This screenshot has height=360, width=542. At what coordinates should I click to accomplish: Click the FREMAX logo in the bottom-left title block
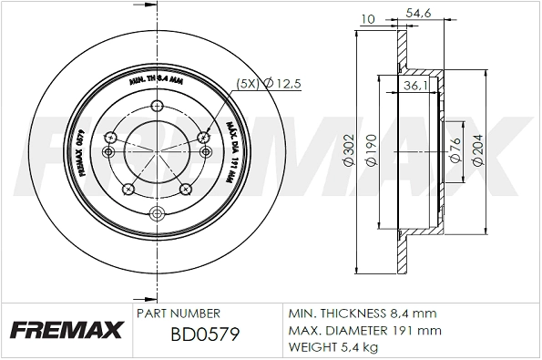click(x=66, y=330)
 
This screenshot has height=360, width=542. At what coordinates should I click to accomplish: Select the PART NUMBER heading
click(x=178, y=312)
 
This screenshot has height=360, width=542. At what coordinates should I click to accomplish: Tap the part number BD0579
click(x=205, y=334)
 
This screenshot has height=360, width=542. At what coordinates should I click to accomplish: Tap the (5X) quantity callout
click(x=246, y=84)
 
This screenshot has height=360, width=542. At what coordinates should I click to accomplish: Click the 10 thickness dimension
click(x=368, y=17)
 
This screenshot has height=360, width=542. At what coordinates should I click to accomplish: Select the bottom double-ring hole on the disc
click(x=156, y=214)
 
